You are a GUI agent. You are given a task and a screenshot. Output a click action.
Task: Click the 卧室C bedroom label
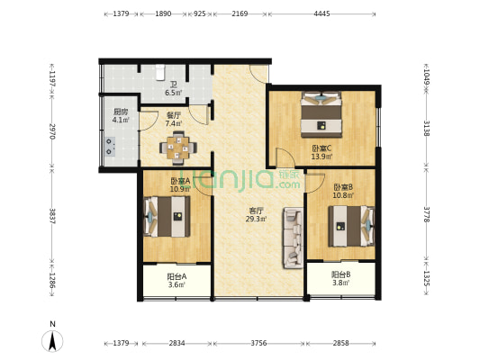click(x=322, y=148)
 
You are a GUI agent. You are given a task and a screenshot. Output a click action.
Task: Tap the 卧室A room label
click(x=179, y=181)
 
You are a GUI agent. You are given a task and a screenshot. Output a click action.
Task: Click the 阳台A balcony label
click(x=177, y=276)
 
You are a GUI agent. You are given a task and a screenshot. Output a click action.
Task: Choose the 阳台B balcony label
click(x=340, y=274)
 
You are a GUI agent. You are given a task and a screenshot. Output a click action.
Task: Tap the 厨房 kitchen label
click(x=120, y=111)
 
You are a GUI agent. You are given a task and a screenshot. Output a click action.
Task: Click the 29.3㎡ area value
click(x=257, y=220)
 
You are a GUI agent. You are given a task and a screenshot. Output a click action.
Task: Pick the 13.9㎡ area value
click(x=322, y=157)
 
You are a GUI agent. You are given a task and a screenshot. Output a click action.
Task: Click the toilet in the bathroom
click(x=160, y=72)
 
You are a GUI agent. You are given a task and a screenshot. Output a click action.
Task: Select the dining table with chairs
click(x=178, y=146)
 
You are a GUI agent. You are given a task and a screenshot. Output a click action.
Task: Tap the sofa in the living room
click(x=293, y=238)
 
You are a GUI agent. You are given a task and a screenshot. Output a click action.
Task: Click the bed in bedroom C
click(x=321, y=110)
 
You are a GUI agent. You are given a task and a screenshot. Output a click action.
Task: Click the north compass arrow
click(x=53, y=340)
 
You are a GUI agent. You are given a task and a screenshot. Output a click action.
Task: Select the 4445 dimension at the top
click(x=322, y=13)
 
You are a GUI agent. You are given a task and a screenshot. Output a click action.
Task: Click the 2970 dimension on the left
click(x=52, y=132)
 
